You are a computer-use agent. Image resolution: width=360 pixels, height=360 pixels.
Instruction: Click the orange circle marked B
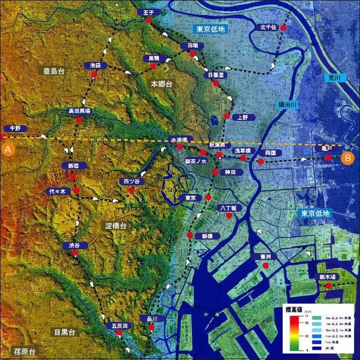pos(347,158)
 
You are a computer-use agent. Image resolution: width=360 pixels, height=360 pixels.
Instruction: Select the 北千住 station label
pos(268,27)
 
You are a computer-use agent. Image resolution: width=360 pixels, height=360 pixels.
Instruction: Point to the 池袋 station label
pos(94,64)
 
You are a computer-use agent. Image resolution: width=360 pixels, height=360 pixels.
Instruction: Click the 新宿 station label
pos(70,166)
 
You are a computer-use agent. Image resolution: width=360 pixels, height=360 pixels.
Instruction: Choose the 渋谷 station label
pos(74,245)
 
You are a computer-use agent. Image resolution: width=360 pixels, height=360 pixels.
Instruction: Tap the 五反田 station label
pos(120,325)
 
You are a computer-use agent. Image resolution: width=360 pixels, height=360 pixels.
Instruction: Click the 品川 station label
pos(151,319)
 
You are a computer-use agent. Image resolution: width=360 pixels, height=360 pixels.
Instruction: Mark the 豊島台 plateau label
pos(53,71)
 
